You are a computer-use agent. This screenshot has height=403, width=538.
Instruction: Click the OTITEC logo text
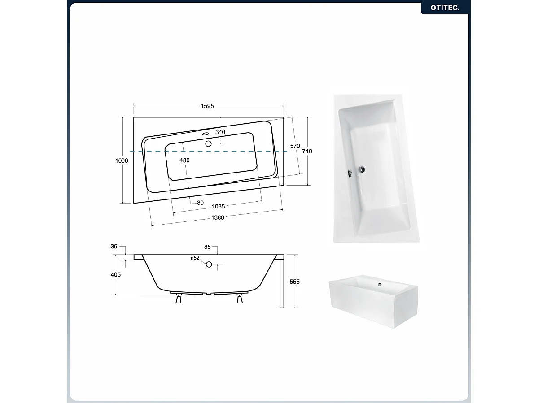(445, 8)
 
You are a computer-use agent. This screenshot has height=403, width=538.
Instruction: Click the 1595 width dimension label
(207, 106)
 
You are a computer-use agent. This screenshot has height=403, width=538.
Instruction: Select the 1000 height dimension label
(122, 161)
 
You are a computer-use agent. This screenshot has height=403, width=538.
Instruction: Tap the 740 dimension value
(307, 151)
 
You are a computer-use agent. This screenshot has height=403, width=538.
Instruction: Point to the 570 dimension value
(295, 146)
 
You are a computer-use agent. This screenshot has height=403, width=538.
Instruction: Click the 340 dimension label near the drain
(220, 132)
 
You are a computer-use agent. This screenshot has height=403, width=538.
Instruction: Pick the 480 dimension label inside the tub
(184, 160)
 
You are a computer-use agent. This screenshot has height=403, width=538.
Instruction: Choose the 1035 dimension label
(218, 206)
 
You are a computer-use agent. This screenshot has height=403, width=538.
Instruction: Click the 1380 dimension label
(218, 217)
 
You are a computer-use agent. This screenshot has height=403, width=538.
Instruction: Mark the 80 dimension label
(200, 203)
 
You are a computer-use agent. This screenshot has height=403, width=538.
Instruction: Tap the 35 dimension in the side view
(114, 247)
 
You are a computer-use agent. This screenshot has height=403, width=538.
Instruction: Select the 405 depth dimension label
(116, 274)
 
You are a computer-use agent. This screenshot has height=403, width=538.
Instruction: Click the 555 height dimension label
(294, 282)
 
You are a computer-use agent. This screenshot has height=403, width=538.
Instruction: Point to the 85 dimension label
(207, 247)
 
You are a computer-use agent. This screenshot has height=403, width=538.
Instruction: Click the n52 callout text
(195, 258)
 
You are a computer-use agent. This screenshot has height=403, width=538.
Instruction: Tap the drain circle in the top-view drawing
(208, 144)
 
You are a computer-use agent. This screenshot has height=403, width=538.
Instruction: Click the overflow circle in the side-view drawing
(209, 264)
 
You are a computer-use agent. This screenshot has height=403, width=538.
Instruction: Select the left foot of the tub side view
(179, 299)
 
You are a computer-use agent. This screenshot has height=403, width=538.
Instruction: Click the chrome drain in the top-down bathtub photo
(362, 169)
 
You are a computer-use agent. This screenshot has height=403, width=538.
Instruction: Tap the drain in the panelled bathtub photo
(380, 284)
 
